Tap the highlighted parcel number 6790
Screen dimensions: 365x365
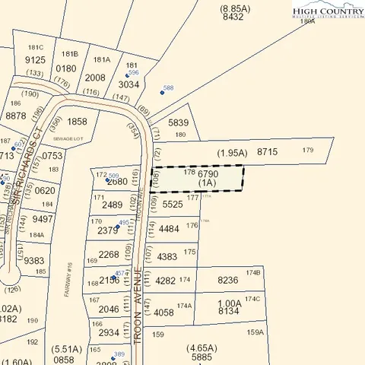(208, 174)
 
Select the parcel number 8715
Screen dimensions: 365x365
(268, 153)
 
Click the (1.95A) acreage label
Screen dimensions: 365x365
(232, 153)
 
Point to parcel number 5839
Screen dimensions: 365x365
(177, 122)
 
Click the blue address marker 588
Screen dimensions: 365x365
(162, 92)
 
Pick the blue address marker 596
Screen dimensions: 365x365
(135, 75)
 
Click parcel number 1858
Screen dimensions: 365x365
(78, 122)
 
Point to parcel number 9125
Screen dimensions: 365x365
(36, 60)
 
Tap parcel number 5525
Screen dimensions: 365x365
(173, 204)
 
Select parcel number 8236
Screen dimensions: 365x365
(227, 280)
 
